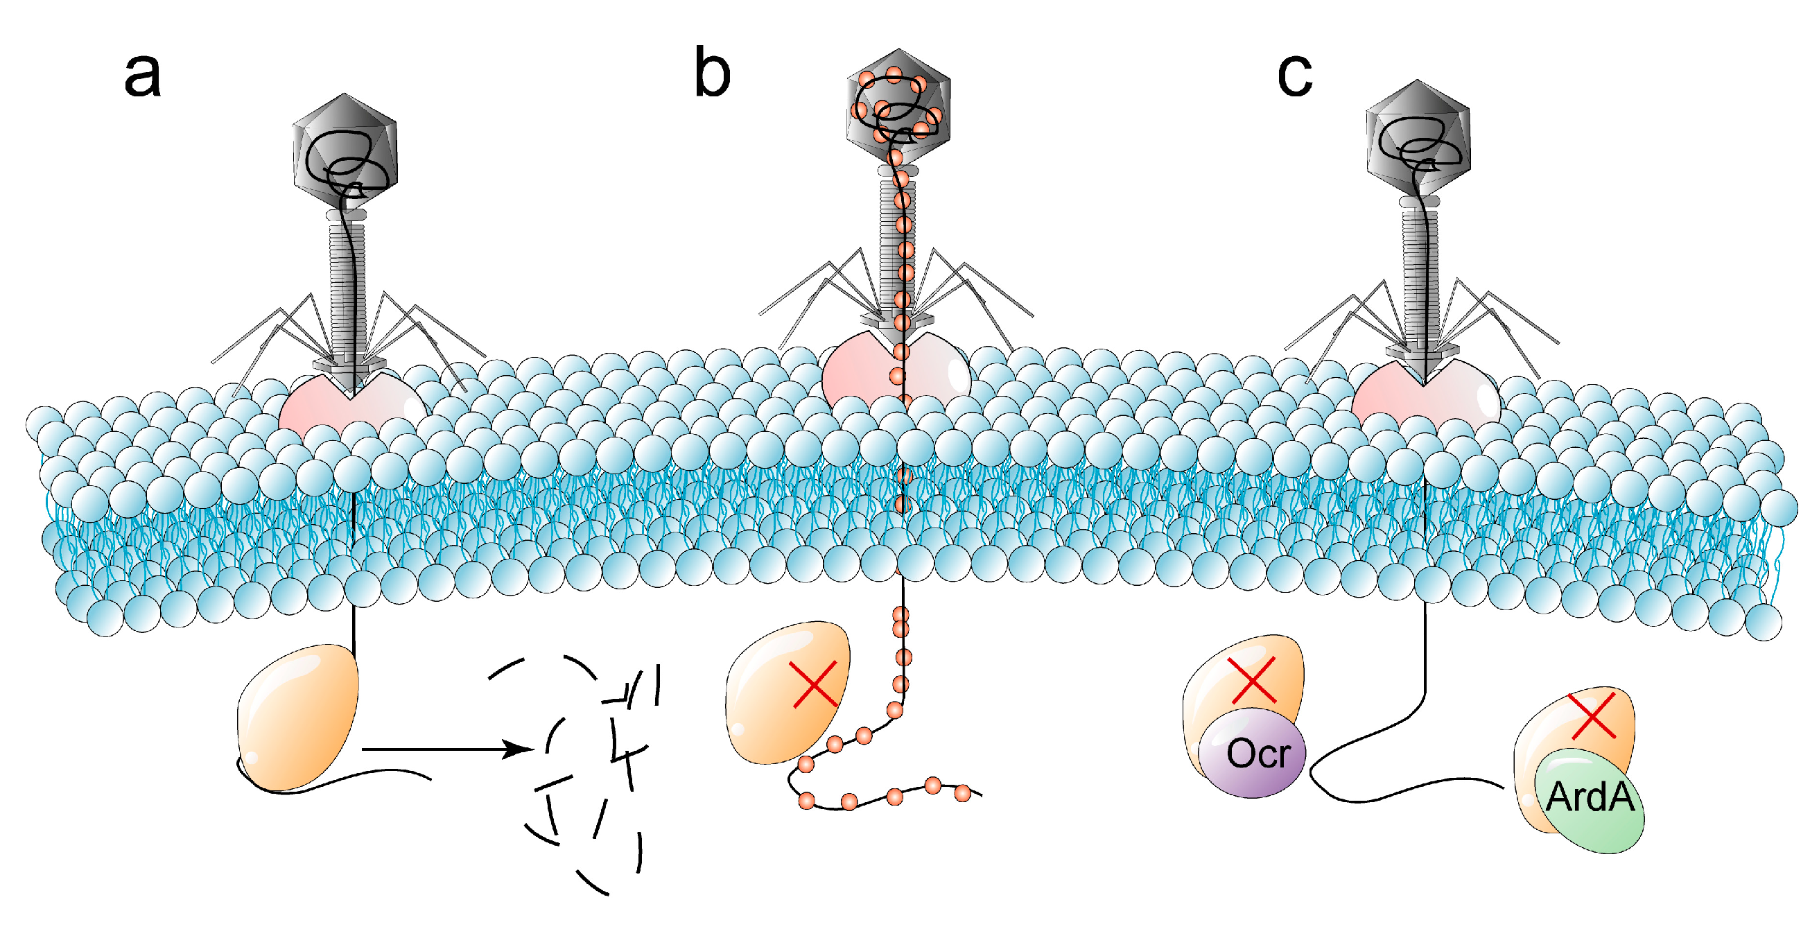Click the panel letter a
[x=142, y=75]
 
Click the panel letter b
[x=711, y=72]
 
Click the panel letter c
[x=1294, y=73]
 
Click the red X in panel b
[x=814, y=684]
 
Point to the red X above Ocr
[x=1252, y=679]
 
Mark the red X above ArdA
[x=1592, y=715]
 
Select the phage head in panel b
[x=898, y=106]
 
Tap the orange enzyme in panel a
[x=298, y=717]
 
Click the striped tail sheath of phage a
[x=347, y=283]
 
